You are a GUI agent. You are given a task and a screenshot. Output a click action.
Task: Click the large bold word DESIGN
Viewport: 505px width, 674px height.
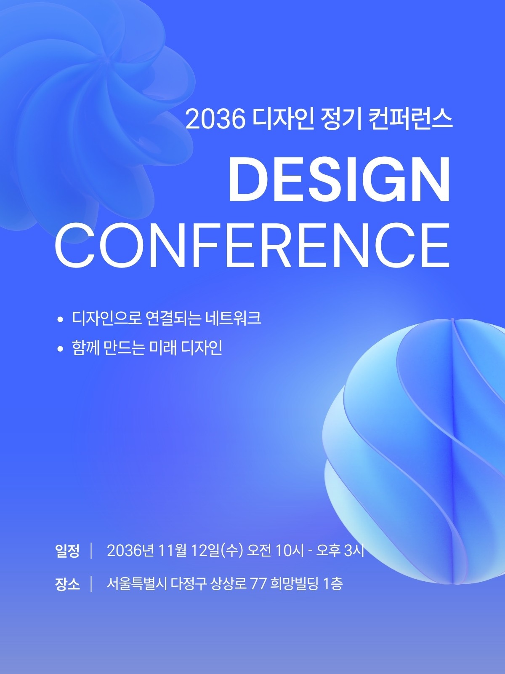pyautogui.click(x=340, y=179)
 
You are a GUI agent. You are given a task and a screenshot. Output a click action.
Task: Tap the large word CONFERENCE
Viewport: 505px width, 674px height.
pyautogui.click(x=252, y=246)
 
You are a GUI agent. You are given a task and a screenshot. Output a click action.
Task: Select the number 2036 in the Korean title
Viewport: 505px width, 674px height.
pyautogui.click(x=215, y=119)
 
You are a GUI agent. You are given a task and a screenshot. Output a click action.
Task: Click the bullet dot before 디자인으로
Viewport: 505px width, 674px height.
pyautogui.click(x=60, y=319)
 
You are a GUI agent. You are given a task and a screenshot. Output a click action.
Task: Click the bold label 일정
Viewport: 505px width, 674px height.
pyautogui.click(x=67, y=551)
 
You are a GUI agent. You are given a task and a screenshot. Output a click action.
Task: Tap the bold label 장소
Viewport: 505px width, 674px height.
pyautogui.click(x=67, y=584)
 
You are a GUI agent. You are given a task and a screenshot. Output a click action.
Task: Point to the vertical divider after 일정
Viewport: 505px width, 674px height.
pyautogui.click(x=91, y=551)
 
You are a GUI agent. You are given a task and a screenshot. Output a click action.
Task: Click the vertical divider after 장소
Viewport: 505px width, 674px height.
pyautogui.click(x=91, y=584)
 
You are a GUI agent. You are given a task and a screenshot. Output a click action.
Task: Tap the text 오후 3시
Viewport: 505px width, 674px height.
pyautogui.click(x=340, y=550)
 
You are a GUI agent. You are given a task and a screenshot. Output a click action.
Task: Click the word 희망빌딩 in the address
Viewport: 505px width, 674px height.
pyautogui.click(x=294, y=583)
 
